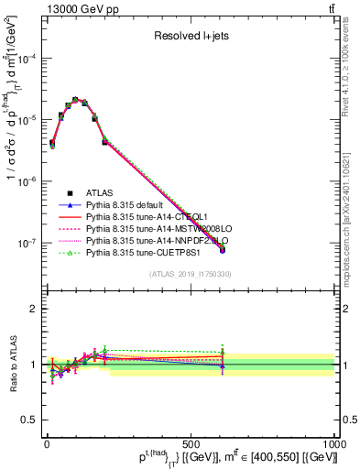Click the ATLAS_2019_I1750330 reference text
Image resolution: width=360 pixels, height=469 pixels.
188,274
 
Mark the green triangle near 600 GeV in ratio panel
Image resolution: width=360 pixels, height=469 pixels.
223,351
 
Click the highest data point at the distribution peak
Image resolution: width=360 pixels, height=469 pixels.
75,100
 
